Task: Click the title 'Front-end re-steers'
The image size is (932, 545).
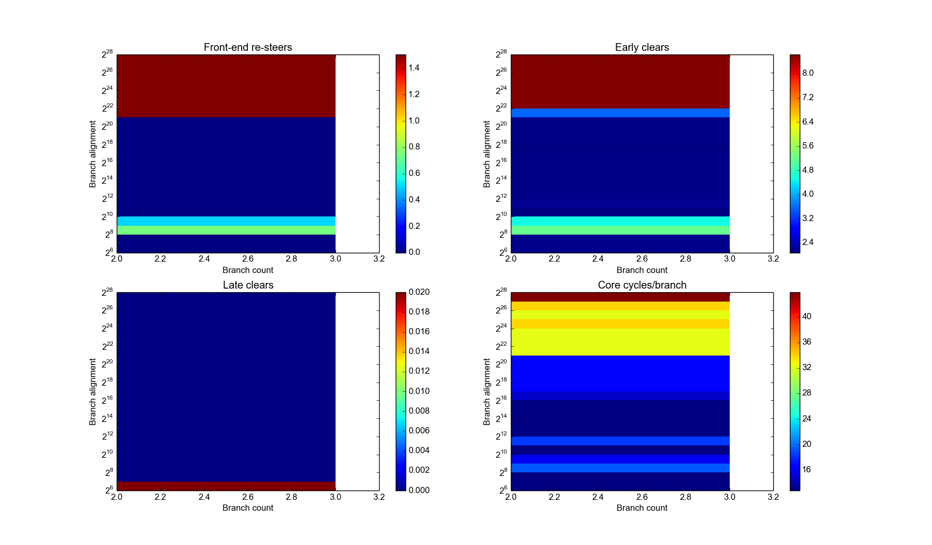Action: pyautogui.click(x=248, y=47)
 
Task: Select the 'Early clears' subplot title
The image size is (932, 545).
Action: pyautogui.click(x=642, y=47)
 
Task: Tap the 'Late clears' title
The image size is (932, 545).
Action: pyautogui.click(x=248, y=285)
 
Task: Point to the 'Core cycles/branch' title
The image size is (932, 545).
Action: pyautogui.click(x=642, y=285)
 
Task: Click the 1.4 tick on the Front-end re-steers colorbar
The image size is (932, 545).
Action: pyautogui.click(x=413, y=68)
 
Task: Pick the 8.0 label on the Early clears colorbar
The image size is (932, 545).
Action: pyautogui.click(x=808, y=73)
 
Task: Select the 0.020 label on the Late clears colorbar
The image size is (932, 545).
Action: pyautogui.click(x=419, y=292)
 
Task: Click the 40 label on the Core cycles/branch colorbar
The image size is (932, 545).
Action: pyautogui.click(x=806, y=317)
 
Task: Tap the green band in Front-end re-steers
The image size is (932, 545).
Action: pyautogui.click(x=226, y=230)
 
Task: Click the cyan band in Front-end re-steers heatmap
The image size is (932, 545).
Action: pyautogui.click(x=226, y=221)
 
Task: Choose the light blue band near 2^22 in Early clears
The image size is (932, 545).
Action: pyautogui.click(x=620, y=113)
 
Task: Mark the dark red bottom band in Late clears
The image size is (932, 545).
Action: pyautogui.click(x=226, y=486)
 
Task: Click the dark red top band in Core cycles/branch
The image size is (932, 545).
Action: pyautogui.click(x=620, y=297)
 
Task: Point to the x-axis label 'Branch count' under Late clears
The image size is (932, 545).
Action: pyautogui.click(x=248, y=508)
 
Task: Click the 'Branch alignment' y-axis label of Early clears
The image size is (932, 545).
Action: pyautogui.click(x=486, y=154)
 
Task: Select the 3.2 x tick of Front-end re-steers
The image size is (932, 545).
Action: pyautogui.click(x=379, y=259)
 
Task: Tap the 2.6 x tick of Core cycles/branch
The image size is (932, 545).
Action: pyautogui.click(x=642, y=497)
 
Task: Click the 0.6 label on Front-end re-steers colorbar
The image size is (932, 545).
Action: pyautogui.click(x=414, y=173)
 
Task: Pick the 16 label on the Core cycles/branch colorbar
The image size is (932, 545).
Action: pyautogui.click(x=806, y=470)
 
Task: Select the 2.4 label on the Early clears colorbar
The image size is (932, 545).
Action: pyautogui.click(x=808, y=242)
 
